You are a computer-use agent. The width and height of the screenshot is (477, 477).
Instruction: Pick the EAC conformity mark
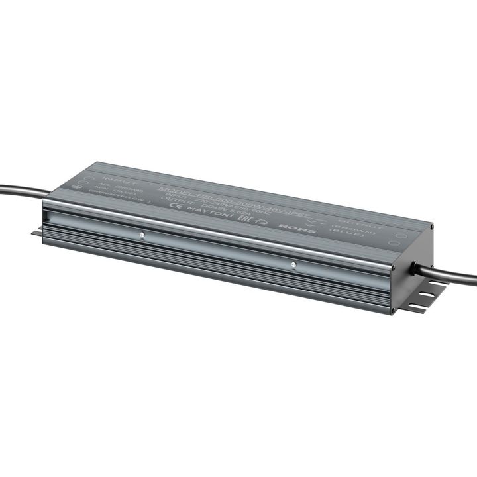pos(243,217)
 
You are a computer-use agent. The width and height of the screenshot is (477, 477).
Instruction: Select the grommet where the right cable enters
pos(415,267)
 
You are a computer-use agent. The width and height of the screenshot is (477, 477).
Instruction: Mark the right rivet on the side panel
pos(293,266)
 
